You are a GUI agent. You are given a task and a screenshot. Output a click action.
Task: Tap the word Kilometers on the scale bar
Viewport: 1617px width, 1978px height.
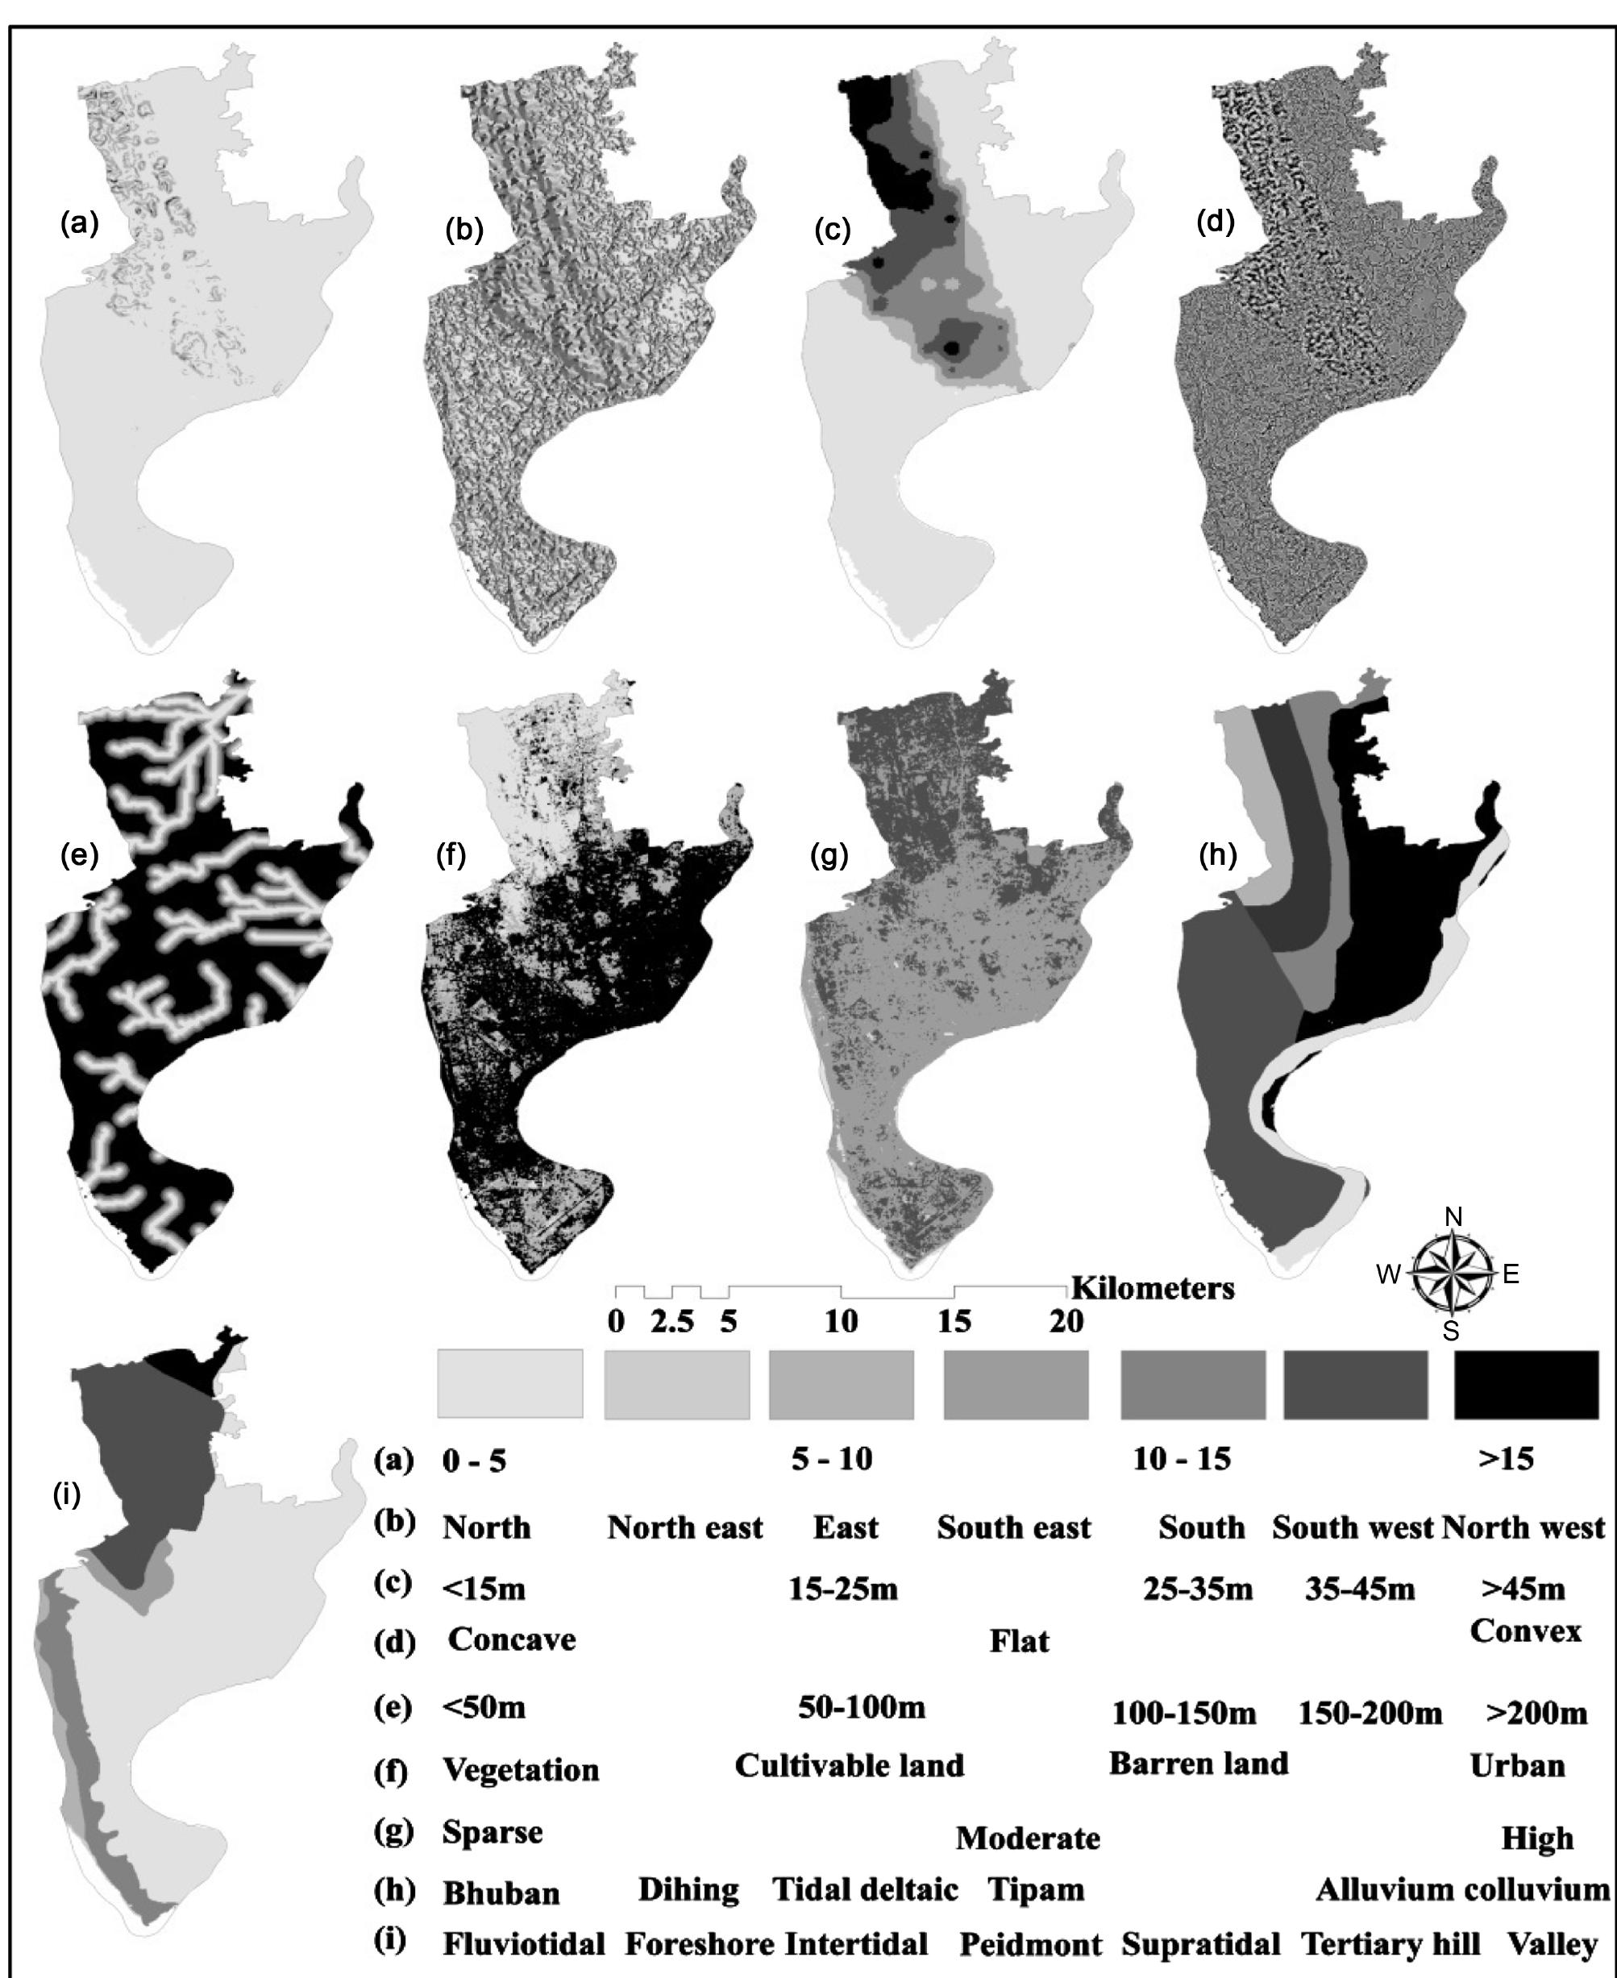[x=1154, y=1289]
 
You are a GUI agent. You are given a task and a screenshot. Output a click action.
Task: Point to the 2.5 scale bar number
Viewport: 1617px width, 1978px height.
[x=672, y=1323]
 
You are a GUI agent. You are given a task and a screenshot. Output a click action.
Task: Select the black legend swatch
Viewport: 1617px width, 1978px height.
[x=1526, y=1385]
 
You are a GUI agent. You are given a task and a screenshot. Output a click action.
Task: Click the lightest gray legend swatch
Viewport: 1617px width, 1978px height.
[x=509, y=1385]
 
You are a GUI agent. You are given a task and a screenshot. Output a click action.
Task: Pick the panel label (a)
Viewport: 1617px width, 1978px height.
[x=79, y=223]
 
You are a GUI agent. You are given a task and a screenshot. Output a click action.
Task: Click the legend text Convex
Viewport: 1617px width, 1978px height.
[x=1526, y=1631]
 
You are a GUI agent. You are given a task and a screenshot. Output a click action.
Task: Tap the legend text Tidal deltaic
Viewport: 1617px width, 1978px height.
[x=865, y=1889]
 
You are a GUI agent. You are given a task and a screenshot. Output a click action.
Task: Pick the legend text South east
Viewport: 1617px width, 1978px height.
[x=1013, y=1528]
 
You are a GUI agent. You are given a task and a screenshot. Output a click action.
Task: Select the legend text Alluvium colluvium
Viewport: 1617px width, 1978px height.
[x=1462, y=1889]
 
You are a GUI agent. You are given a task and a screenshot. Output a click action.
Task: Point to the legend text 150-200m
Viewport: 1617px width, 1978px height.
[x=1370, y=1713]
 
